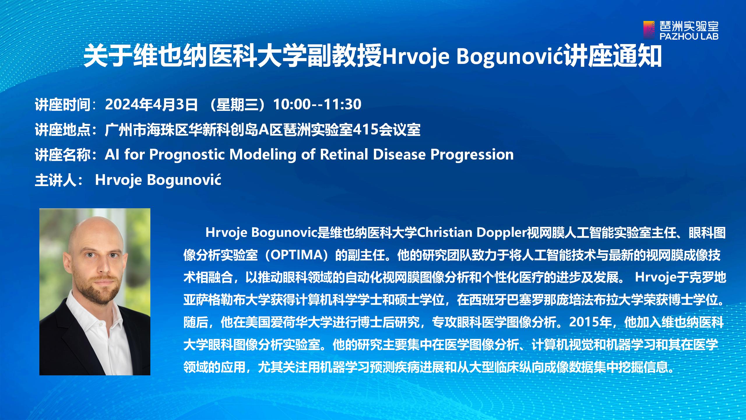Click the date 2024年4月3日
[151, 104]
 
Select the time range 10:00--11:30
[317, 104]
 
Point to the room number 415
[366, 129]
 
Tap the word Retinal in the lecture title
[344, 154]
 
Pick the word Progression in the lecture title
[472, 155]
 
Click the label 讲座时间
[63, 105]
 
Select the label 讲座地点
[63, 130]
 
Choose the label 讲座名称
[63, 155]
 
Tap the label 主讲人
[56, 180]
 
